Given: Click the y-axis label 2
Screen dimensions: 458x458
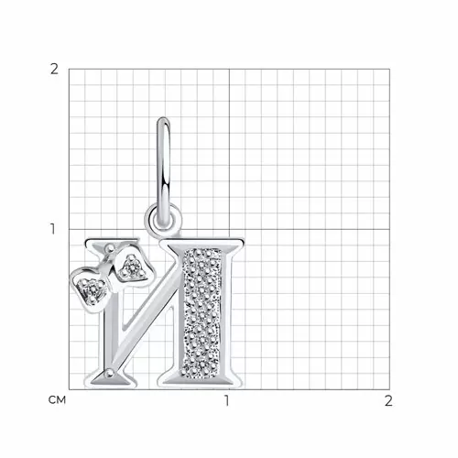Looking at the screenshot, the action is tap(54, 70).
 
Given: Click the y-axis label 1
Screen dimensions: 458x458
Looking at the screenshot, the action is tap(53, 229).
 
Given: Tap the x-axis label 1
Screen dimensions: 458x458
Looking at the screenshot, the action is tap(226, 400).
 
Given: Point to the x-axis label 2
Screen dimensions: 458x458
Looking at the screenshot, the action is tap(388, 400).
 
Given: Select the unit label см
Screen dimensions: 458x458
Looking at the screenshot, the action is tap(57, 400).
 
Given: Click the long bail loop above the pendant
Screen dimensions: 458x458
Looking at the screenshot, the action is tap(163, 171).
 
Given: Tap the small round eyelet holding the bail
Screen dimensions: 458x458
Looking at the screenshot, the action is tap(163, 218).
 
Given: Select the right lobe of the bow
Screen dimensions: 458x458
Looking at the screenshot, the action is tap(133, 267).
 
